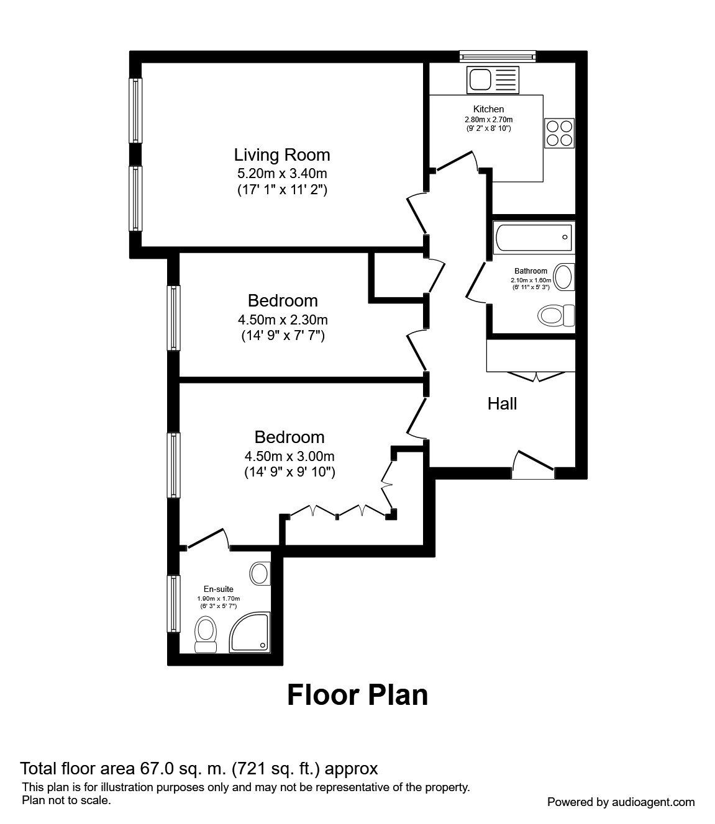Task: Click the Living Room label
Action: click(x=282, y=154)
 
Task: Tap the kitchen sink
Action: click(x=493, y=80)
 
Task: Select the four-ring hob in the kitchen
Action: click(x=559, y=132)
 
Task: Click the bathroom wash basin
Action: click(x=563, y=277)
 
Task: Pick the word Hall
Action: click(x=502, y=404)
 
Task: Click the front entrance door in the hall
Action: click(x=533, y=465)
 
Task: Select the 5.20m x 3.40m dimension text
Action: click(x=282, y=173)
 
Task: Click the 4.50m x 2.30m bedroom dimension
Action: click(x=283, y=320)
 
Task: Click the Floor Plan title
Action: click(x=357, y=695)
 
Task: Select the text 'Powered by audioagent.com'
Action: click(x=621, y=802)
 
